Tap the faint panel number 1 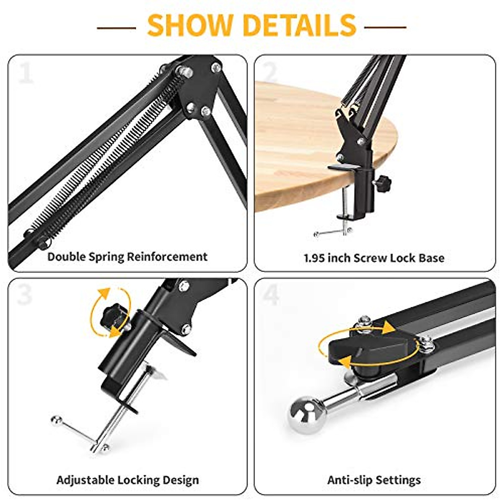pos(26,73)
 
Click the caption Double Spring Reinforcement pos(127,257)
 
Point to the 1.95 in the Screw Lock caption pos(314,258)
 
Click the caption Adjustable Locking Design pos(127,480)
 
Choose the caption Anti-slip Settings pos(374,480)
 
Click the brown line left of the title pos(116,28)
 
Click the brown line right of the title pos(385,27)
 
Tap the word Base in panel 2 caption pos(431,258)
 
